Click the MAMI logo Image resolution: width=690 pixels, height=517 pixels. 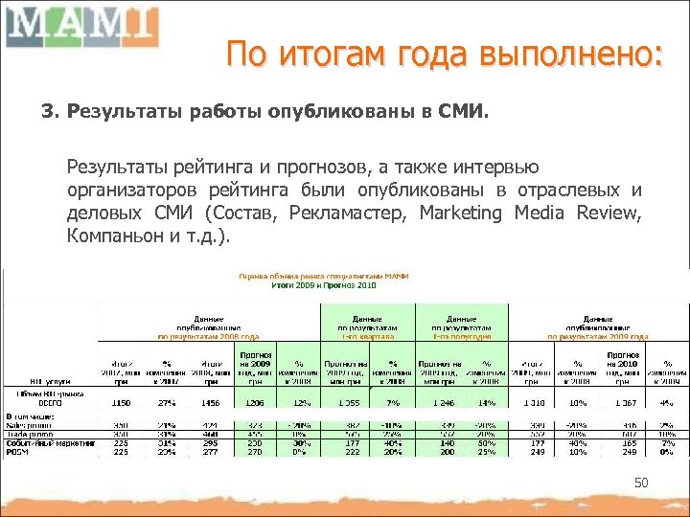click(x=80, y=25)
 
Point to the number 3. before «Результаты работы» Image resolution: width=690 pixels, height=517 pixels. click(x=50, y=113)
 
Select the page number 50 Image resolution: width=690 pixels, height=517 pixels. click(x=641, y=484)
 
